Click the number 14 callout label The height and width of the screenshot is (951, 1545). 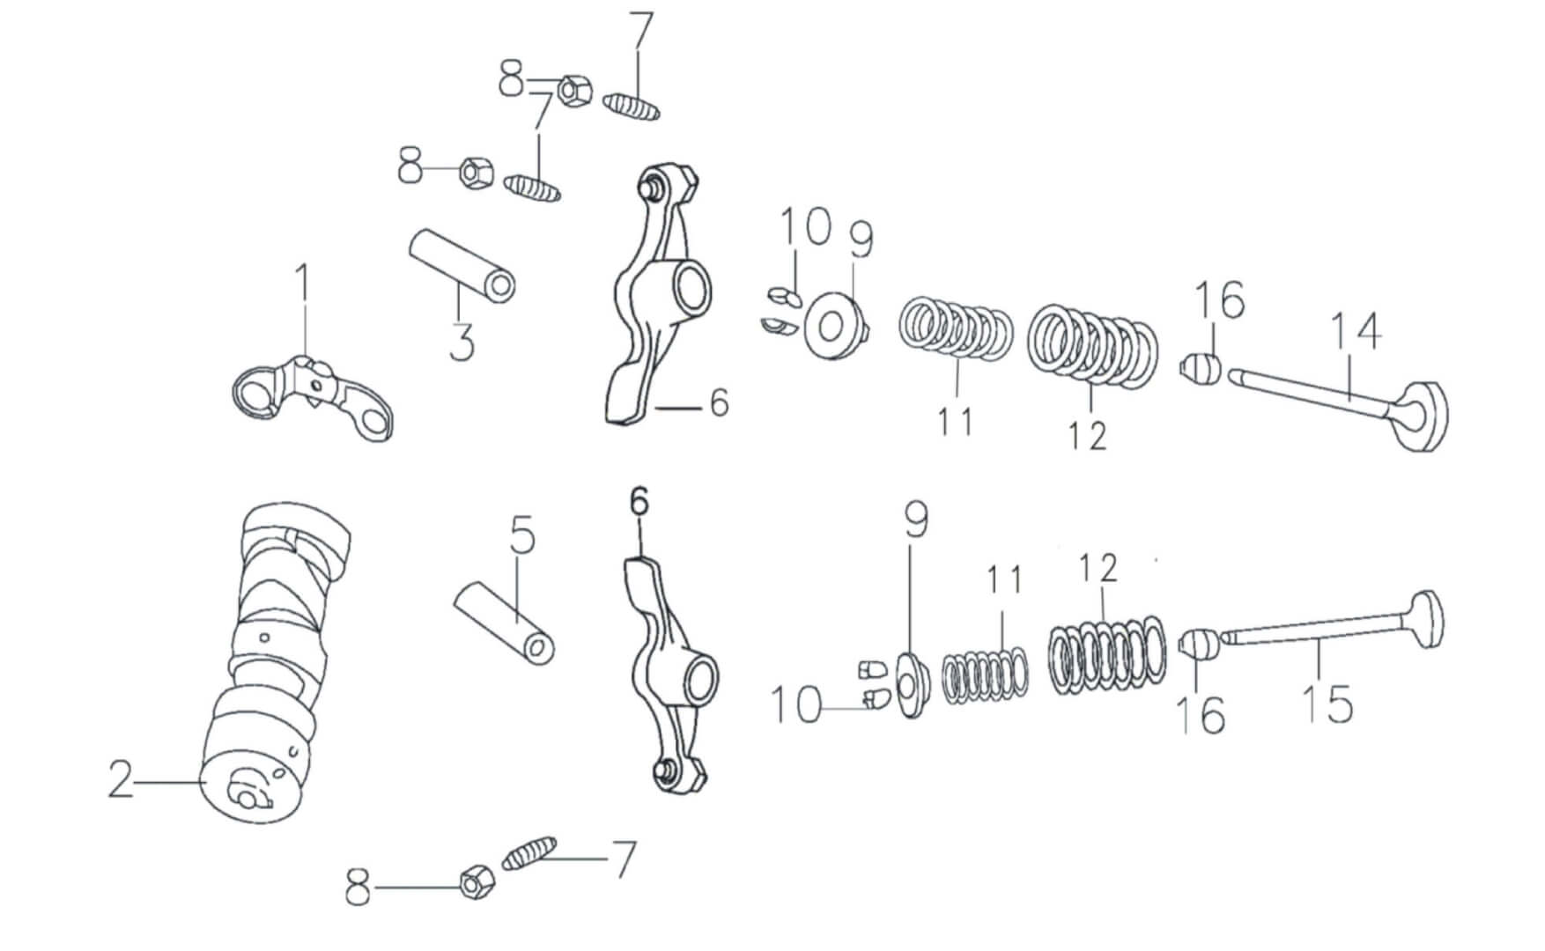pos(1355,333)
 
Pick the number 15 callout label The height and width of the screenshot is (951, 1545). pos(1328,704)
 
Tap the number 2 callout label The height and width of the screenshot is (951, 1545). pos(121,780)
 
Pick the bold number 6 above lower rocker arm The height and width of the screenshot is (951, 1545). pos(639,503)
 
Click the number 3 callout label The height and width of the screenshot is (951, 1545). pos(462,342)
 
